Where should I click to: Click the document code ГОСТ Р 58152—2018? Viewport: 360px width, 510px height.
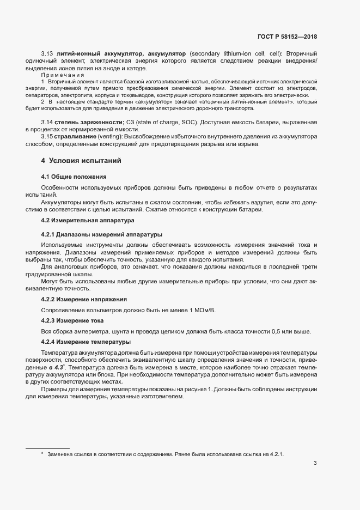click(x=286, y=37)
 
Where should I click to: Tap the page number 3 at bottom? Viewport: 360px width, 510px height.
click(x=315, y=464)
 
